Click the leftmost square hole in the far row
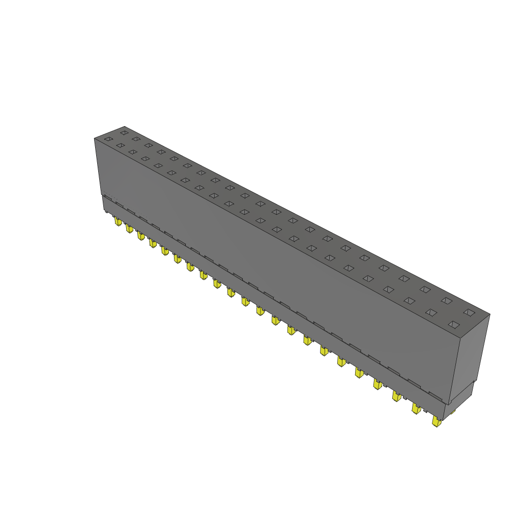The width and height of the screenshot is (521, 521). click(124, 133)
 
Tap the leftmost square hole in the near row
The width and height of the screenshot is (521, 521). click(108, 139)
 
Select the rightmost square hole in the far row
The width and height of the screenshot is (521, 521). click(469, 312)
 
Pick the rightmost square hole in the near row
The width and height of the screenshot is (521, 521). click(454, 325)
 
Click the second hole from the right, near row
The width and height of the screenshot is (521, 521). click(431, 312)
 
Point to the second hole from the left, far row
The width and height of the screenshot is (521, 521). click(136, 139)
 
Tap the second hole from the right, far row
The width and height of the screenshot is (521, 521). click(446, 301)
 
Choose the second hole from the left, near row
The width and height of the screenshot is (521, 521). click(120, 146)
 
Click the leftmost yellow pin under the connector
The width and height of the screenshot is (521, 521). click(118, 221)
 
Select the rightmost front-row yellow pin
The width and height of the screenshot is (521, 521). click(436, 421)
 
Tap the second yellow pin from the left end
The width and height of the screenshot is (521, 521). click(129, 228)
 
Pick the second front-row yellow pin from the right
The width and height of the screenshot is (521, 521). click(416, 409)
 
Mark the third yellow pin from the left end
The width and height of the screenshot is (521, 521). click(140, 236)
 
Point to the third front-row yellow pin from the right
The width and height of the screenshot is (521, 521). click(396, 396)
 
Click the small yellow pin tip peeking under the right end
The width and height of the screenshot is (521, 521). click(452, 411)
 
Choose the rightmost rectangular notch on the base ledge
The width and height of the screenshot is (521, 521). click(436, 395)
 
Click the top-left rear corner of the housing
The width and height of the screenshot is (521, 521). click(125, 127)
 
